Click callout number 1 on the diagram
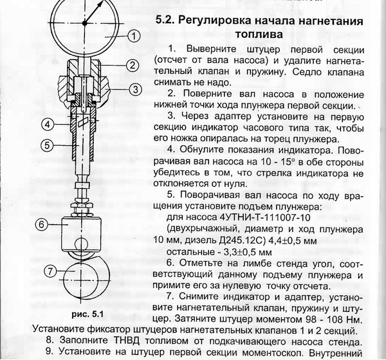click(x=132, y=37)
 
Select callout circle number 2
click(x=131, y=65)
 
